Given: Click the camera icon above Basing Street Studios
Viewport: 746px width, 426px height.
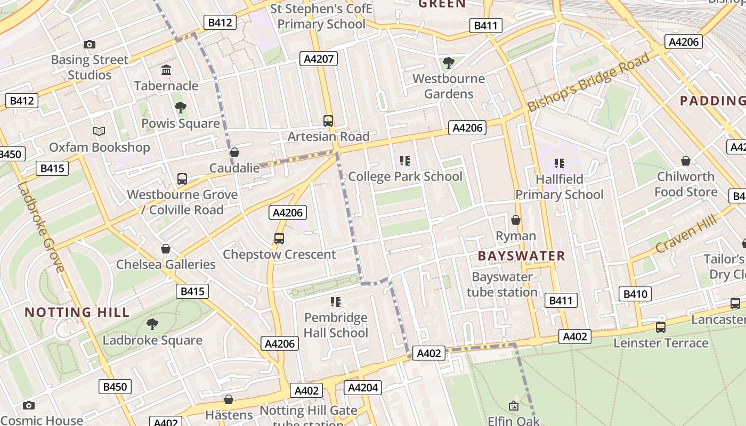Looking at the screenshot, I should [x=90, y=45].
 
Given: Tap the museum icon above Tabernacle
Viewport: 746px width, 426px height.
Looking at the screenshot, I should [x=166, y=70].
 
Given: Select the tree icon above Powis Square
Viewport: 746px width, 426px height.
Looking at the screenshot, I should [x=181, y=108].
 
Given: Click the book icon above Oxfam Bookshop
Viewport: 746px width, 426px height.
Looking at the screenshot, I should [x=99, y=131].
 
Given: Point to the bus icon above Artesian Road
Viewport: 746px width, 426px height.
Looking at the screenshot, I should [x=328, y=121].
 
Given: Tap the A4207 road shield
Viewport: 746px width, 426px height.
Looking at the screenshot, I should [x=319, y=59].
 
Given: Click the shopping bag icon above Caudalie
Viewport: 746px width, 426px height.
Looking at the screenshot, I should [x=234, y=153].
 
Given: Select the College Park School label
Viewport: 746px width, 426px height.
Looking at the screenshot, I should [x=405, y=176].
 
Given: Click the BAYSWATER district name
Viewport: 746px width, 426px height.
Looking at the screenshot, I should [x=521, y=256].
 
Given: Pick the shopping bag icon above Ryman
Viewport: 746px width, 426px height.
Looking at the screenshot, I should [x=516, y=220].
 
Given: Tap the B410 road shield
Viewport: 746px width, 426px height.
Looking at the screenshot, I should [x=635, y=294].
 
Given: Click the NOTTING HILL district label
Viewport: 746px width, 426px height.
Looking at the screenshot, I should [x=77, y=313].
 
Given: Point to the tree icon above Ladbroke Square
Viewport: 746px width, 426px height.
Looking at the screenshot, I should [x=152, y=324].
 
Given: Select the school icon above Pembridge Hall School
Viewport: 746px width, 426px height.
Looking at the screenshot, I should [x=336, y=302].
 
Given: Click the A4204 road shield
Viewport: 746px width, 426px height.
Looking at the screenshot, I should [x=363, y=388].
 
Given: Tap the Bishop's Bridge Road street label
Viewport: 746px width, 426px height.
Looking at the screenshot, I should [x=588, y=82].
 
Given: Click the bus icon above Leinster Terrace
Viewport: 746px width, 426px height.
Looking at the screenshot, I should [x=661, y=327].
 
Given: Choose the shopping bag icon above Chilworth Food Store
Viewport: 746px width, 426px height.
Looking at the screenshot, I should [x=686, y=161].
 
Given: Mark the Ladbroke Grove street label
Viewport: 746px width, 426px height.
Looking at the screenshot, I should [x=40, y=226].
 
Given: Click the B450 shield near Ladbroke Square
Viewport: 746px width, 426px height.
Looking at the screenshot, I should [x=115, y=387].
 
